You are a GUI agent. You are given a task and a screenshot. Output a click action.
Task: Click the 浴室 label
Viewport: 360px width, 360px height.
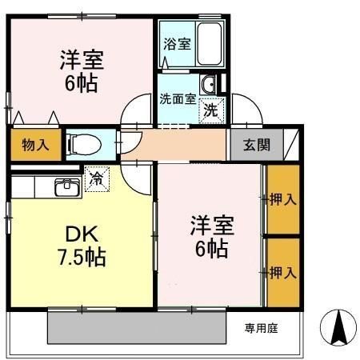pos(177,43)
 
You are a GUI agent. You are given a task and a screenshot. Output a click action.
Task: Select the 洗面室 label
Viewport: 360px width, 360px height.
pos(177,100)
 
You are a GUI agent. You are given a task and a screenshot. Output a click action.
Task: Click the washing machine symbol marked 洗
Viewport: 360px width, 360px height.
pos(209,110)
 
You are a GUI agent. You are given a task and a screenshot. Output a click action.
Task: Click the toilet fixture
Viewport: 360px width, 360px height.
pos(82,145)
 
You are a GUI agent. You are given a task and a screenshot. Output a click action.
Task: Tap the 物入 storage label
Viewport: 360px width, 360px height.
pos(35,145)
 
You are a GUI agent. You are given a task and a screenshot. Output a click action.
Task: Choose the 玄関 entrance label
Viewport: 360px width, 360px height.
pos(257,145)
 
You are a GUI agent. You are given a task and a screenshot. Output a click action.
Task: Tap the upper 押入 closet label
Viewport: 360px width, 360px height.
pos(283,198)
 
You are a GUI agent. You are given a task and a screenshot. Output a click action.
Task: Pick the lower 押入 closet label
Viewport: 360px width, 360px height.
pos(283,273)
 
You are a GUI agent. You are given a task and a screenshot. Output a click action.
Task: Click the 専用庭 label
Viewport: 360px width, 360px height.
pos(260,327)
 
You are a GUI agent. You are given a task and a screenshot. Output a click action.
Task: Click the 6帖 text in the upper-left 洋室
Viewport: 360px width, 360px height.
pos(81,83)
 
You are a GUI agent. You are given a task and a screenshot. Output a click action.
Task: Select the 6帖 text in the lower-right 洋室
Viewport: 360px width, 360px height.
pos(210,249)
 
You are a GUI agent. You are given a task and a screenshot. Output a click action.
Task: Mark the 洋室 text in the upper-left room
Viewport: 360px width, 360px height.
pos(81,60)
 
